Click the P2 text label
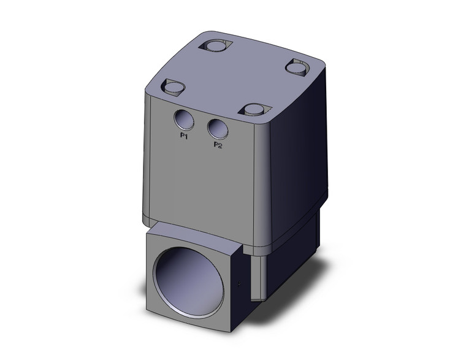pos(218,145)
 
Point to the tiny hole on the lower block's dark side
pos(239,285)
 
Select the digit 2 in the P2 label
pos(220,145)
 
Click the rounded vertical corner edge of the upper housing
pos(267,172)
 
